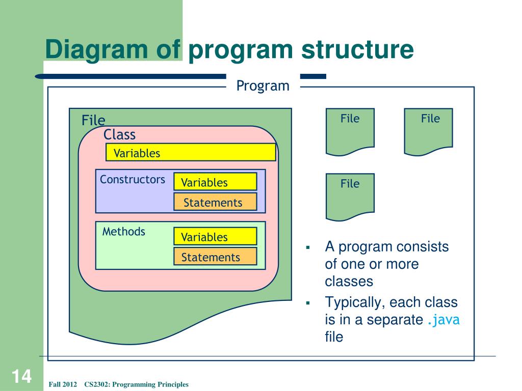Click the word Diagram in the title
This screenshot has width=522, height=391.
click(x=96, y=50)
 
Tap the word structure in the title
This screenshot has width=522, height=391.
click(x=357, y=49)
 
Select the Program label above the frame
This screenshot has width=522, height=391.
click(x=263, y=86)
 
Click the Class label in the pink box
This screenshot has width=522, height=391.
click(x=119, y=134)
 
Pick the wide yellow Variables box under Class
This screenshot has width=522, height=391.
click(x=191, y=152)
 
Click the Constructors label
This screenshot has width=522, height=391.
click(x=133, y=180)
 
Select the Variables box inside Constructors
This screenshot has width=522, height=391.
click(x=216, y=182)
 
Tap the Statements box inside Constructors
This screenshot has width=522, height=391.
click(x=216, y=202)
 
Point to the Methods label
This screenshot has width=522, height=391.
click(x=123, y=232)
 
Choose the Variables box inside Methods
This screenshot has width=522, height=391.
click(x=216, y=236)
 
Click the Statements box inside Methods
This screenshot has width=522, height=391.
click(x=216, y=256)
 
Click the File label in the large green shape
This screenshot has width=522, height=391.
click(x=93, y=120)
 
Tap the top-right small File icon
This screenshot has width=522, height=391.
click(x=428, y=132)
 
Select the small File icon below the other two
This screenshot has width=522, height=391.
click(x=350, y=197)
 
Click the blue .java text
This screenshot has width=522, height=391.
click(x=443, y=320)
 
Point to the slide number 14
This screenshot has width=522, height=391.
click(x=21, y=376)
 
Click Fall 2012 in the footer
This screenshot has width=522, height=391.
click(x=63, y=384)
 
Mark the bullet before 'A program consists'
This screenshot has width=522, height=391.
click(x=307, y=247)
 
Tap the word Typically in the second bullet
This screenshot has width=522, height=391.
click(x=353, y=303)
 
